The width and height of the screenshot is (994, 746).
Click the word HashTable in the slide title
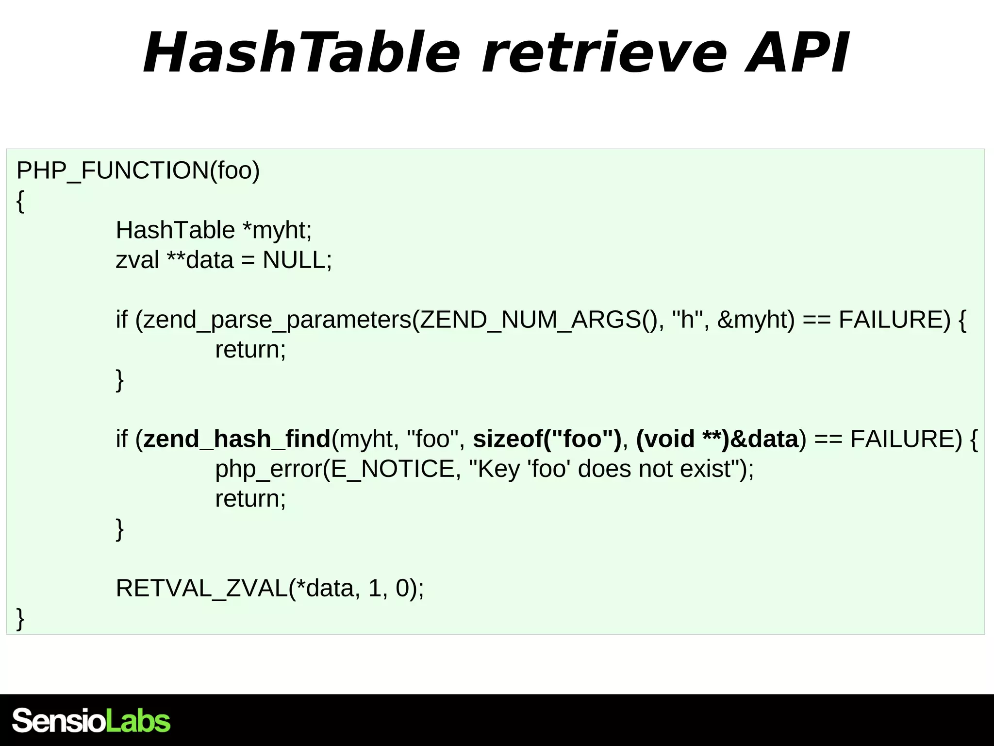click(x=301, y=52)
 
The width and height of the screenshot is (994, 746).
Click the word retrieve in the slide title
click(x=604, y=52)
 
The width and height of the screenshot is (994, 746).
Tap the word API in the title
click(x=796, y=52)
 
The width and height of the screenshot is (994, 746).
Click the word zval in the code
click(x=137, y=260)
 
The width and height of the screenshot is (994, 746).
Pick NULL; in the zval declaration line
click(x=297, y=260)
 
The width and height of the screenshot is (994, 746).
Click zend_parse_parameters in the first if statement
click(x=277, y=320)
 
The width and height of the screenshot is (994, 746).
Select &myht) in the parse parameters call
click(x=756, y=320)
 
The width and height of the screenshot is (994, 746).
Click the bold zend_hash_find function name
click(x=237, y=439)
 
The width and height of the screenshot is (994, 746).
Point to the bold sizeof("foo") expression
click(x=547, y=439)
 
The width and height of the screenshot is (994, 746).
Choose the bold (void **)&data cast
click(x=717, y=439)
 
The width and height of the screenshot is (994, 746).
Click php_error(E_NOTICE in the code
click(x=335, y=469)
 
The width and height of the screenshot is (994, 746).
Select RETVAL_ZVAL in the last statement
click(x=201, y=589)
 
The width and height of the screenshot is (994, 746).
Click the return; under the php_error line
click(x=250, y=499)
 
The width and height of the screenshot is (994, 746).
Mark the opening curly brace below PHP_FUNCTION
click(x=20, y=201)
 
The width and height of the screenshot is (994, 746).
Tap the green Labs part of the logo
click(x=138, y=721)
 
